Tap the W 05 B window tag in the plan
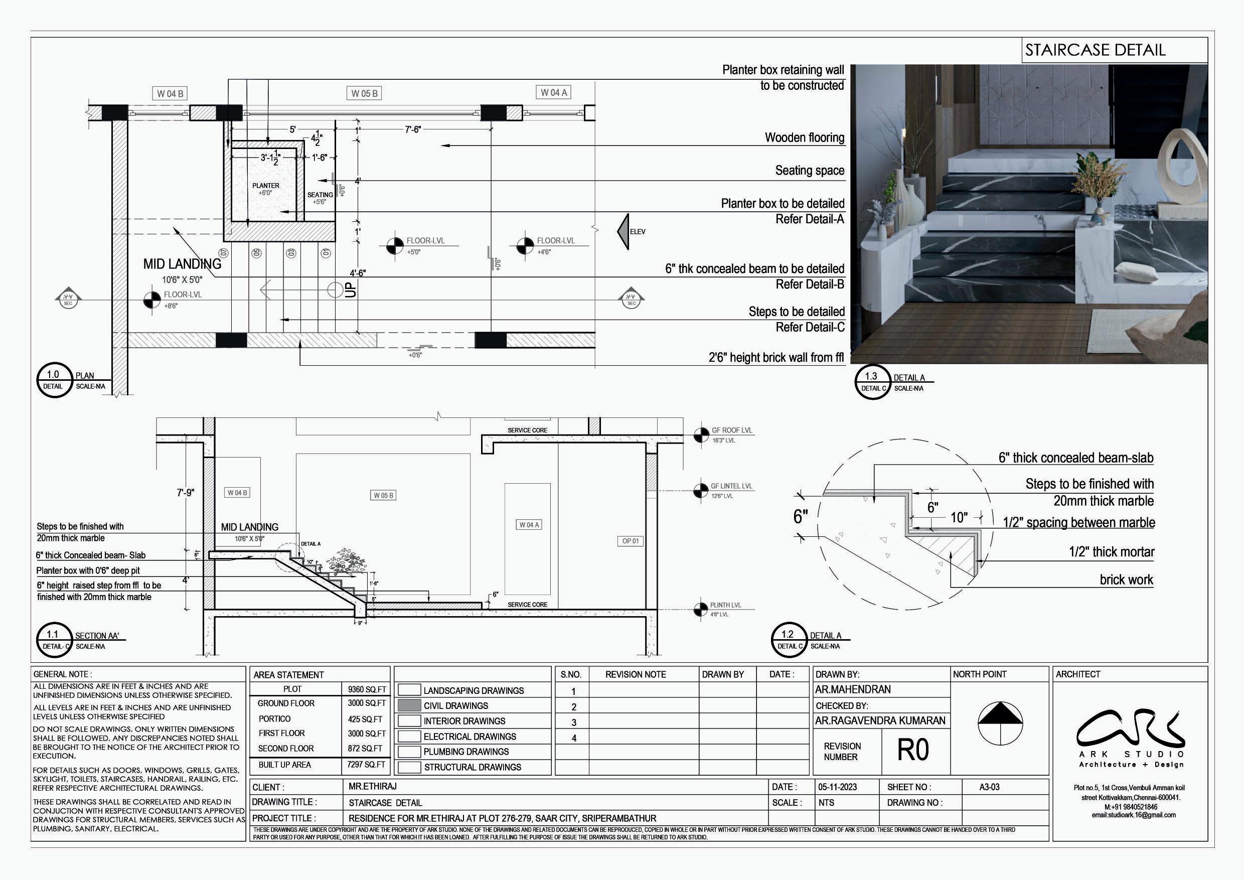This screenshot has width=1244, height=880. tap(364, 93)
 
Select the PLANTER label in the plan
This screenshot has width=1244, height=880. tap(265, 186)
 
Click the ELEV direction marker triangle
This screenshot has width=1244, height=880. tap(624, 231)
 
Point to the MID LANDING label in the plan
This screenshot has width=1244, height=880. tap(182, 264)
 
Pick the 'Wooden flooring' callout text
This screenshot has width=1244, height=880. tap(804, 137)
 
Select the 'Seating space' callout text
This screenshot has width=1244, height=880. tap(810, 171)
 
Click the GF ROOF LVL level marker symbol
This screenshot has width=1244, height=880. tap(701, 434)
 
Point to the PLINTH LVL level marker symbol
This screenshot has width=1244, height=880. tap(700, 609)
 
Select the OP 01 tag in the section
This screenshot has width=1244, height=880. tap(630, 541)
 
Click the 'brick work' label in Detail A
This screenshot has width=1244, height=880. tap(1126, 580)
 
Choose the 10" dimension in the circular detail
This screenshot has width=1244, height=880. tap(959, 517)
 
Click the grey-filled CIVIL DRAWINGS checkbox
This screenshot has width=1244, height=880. tap(409, 705)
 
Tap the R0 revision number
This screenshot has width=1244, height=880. tap(913, 751)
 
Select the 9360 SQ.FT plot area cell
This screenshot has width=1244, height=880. tap(367, 689)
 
